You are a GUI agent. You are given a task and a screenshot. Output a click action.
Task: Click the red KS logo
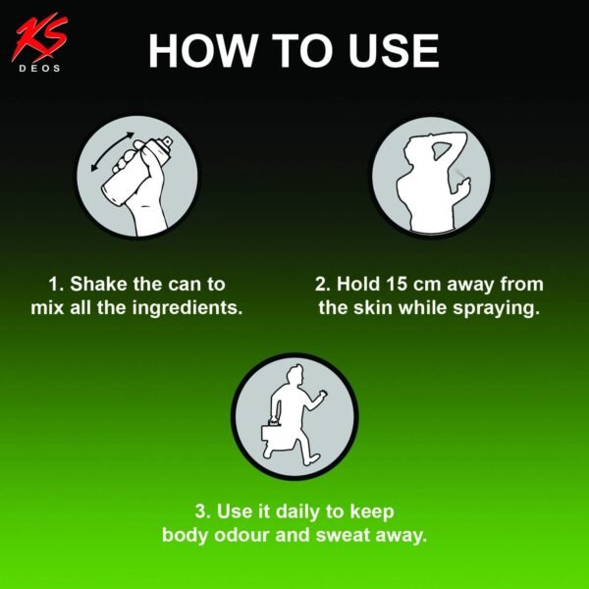point(39,37)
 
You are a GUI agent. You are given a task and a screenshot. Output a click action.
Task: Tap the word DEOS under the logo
point(40,69)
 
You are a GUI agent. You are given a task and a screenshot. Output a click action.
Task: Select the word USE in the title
point(394,51)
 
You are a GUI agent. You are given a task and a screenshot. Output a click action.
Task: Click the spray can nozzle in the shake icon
point(168,142)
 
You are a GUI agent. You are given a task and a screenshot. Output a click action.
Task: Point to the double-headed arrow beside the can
point(112,152)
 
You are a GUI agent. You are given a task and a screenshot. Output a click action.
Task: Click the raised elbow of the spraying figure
point(461,136)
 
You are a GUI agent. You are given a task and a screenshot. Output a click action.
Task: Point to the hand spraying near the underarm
point(464,187)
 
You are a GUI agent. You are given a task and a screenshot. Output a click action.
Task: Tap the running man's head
point(295,376)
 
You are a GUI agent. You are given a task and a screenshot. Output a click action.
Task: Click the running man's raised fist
point(322,395)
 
